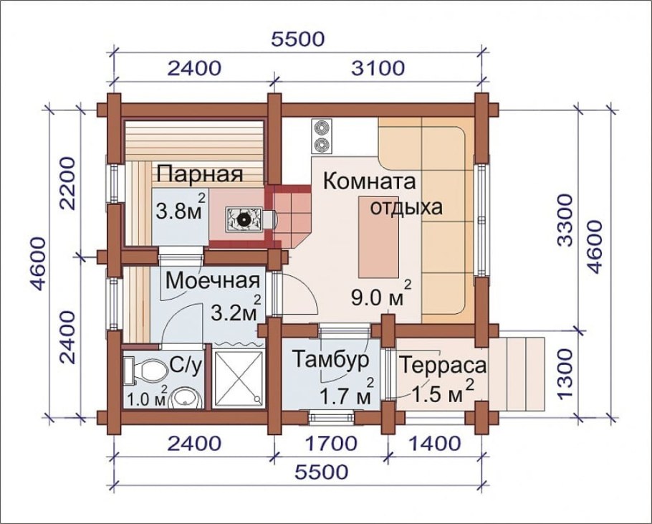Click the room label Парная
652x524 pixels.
point(200,174)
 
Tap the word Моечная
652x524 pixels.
point(212,280)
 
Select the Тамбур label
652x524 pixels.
point(330,359)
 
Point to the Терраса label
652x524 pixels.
point(443,366)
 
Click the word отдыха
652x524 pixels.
point(405,208)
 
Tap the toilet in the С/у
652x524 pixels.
point(146,371)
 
